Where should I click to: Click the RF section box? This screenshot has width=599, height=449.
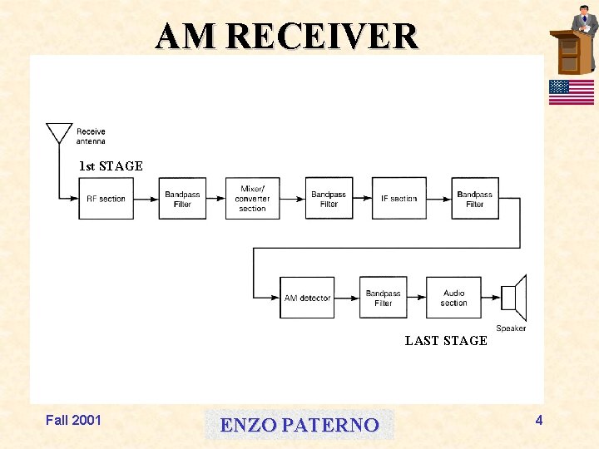click(x=106, y=199)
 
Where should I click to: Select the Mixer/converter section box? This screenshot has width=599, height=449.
click(x=252, y=199)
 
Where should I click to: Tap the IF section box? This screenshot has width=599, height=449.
click(x=399, y=199)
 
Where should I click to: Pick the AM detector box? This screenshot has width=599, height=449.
click(x=307, y=298)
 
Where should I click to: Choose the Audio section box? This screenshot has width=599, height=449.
click(x=453, y=298)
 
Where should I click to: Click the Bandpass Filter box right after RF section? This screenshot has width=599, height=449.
click(x=182, y=199)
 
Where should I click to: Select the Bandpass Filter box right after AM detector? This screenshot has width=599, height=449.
click(x=383, y=298)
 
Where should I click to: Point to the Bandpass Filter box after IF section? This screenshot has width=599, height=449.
click(x=475, y=199)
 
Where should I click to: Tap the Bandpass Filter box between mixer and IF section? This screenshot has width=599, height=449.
click(x=329, y=199)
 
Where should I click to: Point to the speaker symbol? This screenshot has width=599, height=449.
click(x=513, y=297)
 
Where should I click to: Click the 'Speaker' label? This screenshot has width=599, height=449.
click(x=511, y=328)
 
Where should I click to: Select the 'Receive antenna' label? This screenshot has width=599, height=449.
click(x=91, y=136)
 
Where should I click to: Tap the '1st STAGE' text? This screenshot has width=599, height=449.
click(x=111, y=166)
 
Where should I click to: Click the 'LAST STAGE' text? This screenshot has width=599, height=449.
click(x=446, y=341)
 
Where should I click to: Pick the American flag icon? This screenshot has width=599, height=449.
click(x=571, y=92)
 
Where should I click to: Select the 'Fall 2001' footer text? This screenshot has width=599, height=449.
click(x=73, y=420)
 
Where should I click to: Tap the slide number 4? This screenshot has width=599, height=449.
click(x=539, y=420)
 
